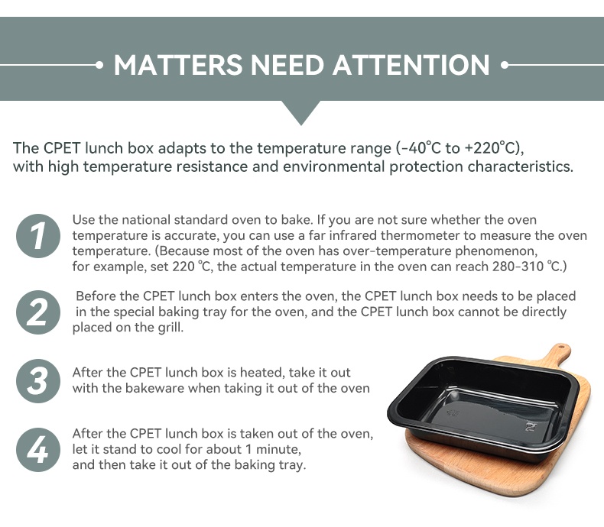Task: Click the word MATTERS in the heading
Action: click(178, 65)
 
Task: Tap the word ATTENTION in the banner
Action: click(411, 65)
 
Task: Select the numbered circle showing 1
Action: click(38, 236)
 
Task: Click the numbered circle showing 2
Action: click(38, 312)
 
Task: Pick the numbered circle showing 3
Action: click(38, 381)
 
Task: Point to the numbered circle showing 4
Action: click(38, 450)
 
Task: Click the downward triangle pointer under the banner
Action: click(301, 112)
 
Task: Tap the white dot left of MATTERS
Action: click(99, 65)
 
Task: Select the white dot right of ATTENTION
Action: click(505, 65)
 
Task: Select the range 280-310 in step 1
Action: click(518, 267)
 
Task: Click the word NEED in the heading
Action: click(287, 65)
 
